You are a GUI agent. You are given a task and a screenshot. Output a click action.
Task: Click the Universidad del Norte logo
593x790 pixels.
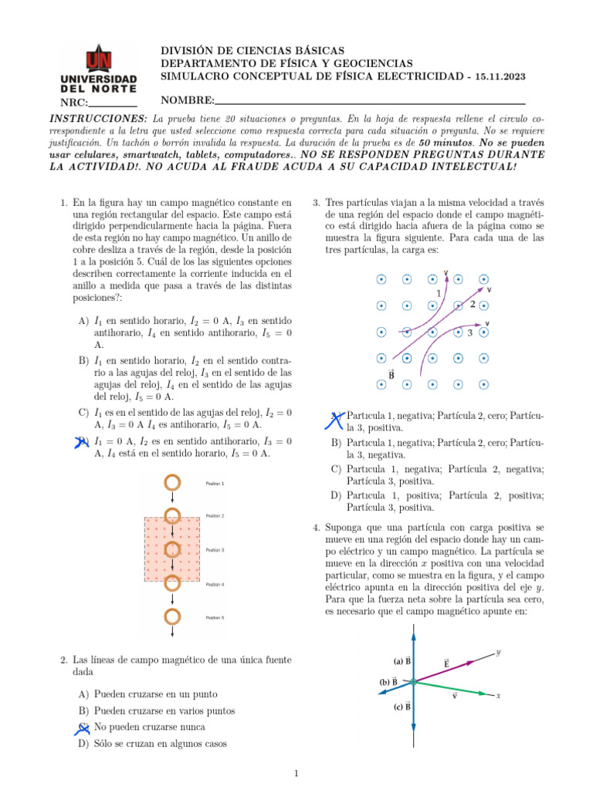[98, 69]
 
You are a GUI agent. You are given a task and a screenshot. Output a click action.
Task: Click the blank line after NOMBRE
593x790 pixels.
[371, 102]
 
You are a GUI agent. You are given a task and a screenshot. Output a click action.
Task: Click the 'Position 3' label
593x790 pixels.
[215, 550]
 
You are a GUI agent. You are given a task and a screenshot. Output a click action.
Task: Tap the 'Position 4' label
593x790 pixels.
[215, 585]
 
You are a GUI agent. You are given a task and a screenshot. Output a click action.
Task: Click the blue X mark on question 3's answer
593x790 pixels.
[337, 419]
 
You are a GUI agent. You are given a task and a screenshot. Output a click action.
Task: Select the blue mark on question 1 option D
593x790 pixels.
[82, 441]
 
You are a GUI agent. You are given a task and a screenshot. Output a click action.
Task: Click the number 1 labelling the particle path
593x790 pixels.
[439, 293]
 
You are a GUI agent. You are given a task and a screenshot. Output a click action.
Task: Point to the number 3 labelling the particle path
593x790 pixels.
[469, 333]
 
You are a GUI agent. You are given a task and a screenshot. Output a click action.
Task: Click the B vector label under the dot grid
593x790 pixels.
[391, 375]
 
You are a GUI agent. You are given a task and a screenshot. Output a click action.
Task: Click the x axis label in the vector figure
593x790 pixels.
[498, 695]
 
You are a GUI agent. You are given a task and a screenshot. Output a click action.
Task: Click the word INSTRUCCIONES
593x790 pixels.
[98, 118]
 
